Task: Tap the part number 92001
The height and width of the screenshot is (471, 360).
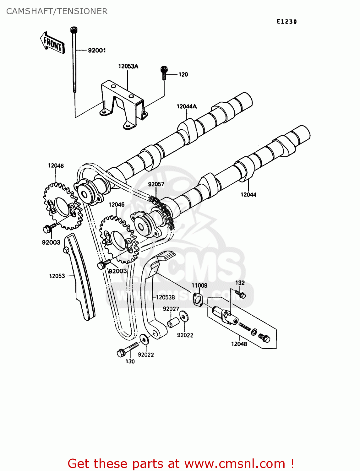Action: pos(97,50)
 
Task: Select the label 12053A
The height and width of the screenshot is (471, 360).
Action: pos(128,66)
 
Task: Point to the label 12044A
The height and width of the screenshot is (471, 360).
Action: pos(187,106)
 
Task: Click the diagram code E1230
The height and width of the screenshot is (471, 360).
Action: pos(286,21)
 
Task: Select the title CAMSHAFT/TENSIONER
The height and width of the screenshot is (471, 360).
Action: pos(57,11)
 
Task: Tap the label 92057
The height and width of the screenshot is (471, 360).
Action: pos(156,184)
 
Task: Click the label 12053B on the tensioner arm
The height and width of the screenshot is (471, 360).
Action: pos(166,297)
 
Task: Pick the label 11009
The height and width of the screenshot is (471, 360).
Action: pos(199,285)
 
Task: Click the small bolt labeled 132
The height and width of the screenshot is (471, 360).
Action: pos(241,294)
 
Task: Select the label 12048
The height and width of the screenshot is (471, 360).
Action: pos(239,344)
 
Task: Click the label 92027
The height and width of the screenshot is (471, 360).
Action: pos(171,309)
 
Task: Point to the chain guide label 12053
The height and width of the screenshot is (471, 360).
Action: pos(57,276)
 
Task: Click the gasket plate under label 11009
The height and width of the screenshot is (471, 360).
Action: pos(198,299)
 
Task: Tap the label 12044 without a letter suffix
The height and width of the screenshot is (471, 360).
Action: pos(248,195)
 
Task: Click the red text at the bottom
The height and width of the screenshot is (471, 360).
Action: pos(181,463)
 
